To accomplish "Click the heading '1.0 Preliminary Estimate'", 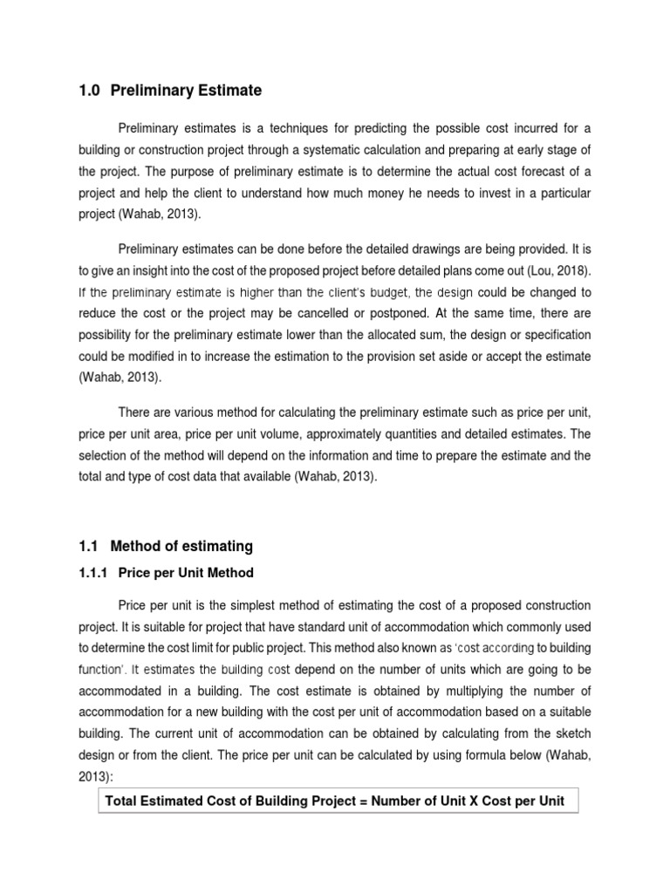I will click(170, 91).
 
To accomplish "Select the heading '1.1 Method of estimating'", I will click(166, 546).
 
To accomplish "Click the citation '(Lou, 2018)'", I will click(555, 270).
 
